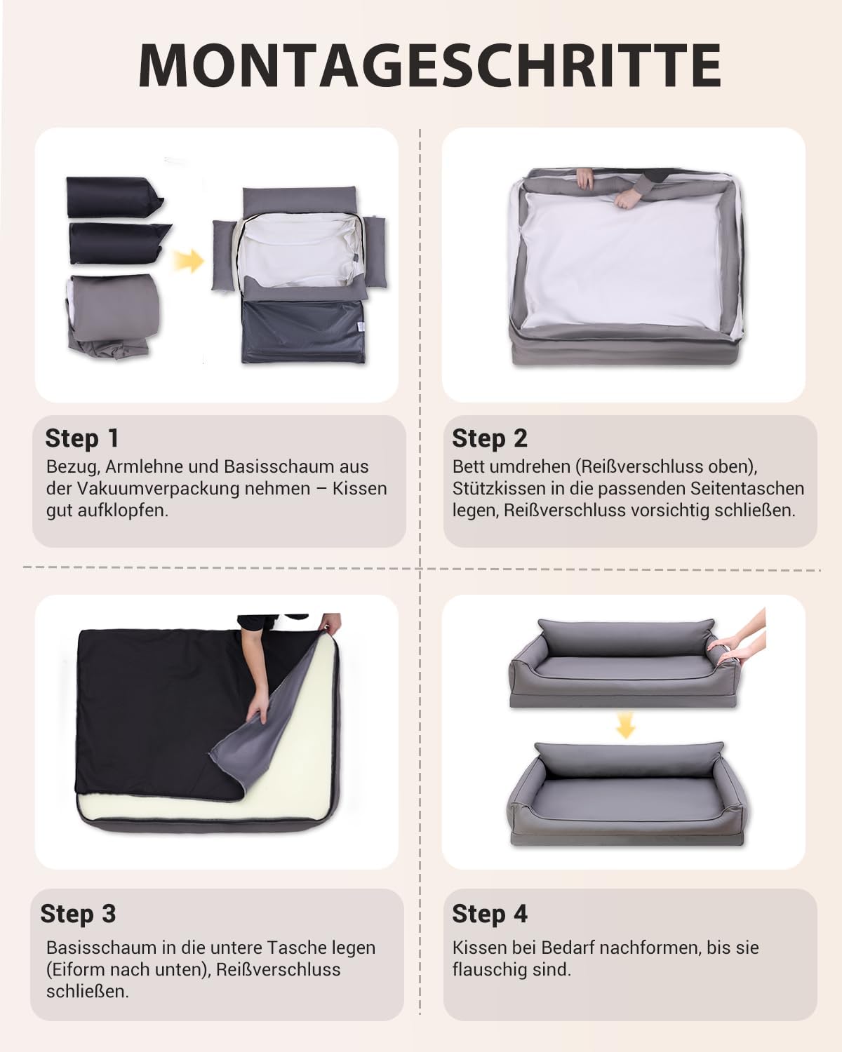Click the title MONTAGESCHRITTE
coord(429,65)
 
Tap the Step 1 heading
coord(81,438)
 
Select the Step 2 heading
coord(490,438)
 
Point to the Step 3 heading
coord(79,913)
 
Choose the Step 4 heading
coord(490,913)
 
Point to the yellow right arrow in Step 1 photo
coord(188,261)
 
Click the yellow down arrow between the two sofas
coord(625,724)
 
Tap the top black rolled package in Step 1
coord(114,196)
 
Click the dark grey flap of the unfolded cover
coord(303,332)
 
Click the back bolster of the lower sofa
coord(628,760)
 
